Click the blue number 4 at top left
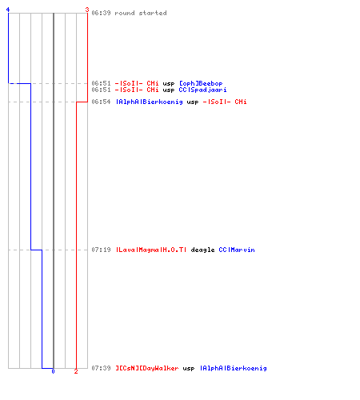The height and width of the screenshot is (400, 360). point(8,10)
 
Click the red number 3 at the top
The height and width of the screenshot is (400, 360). point(87,10)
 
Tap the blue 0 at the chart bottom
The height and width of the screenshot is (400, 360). point(53,371)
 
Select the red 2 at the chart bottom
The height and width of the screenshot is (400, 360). point(76,371)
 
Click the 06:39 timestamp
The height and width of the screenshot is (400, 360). point(101,13)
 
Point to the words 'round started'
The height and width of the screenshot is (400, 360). point(141,13)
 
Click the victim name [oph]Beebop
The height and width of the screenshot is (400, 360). point(201,83)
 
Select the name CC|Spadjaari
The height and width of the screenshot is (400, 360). point(202,90)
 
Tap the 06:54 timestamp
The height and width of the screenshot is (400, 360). point(101,102)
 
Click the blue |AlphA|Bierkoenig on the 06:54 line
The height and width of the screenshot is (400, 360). point(150,102)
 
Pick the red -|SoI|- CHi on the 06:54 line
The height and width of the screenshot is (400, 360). point(225,102)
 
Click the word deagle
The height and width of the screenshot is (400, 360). point(202,250)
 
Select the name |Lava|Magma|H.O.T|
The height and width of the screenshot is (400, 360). point(151,250)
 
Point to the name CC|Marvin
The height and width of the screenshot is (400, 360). point(237,250)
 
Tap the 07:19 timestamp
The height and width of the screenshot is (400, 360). point(101,250)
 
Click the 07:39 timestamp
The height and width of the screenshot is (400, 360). point(101,368)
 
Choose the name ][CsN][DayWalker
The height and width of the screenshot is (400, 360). point(147,369)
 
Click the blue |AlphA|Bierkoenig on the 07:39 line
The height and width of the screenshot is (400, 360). point(234,369)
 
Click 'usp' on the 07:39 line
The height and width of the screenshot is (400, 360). point(189,369)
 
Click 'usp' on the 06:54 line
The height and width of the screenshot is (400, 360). point(193,102)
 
